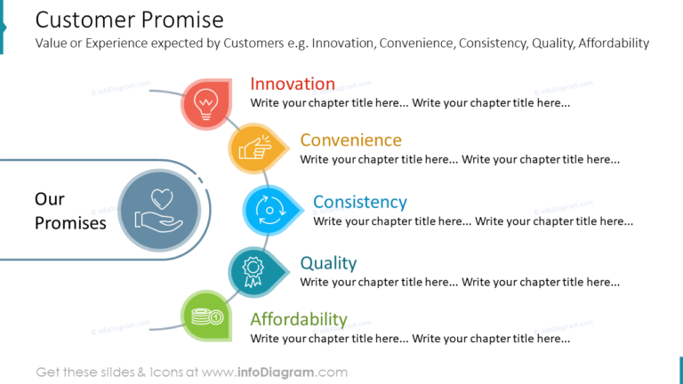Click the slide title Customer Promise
[129, 19]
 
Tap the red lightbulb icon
[206, 103]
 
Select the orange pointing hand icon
[254, 148]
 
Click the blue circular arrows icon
[268, 210]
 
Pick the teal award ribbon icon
[254, 270]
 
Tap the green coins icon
[206, 316]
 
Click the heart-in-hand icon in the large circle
[160, 210]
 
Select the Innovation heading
[293, 84]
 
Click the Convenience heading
[350, 140]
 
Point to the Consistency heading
[359, 202]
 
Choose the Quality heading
[328, 263]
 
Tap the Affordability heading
[298, 319]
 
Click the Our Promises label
[69, 211]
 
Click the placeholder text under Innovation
[410, 103]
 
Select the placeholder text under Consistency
[472, 221]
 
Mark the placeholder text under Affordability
[410, 339]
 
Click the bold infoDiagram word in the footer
[276, 372]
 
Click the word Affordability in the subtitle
[614, 43]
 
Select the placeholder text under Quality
[460, 282]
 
